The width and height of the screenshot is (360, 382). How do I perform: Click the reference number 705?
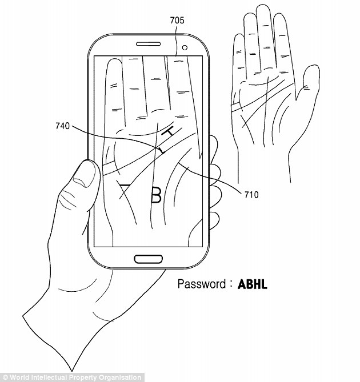177,21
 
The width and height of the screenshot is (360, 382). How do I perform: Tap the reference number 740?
63,126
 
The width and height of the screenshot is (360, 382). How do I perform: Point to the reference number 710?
251,195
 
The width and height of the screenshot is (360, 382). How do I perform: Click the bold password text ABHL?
252,284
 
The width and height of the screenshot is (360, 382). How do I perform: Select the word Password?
202,284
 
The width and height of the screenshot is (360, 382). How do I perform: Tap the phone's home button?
148,259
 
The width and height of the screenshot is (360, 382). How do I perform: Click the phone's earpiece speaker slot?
148,44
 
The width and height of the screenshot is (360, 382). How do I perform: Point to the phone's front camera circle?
185,47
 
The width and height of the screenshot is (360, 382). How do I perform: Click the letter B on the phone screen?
156,195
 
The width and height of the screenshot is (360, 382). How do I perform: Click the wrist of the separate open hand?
264,168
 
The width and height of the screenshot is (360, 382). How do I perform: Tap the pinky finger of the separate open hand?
239,61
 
